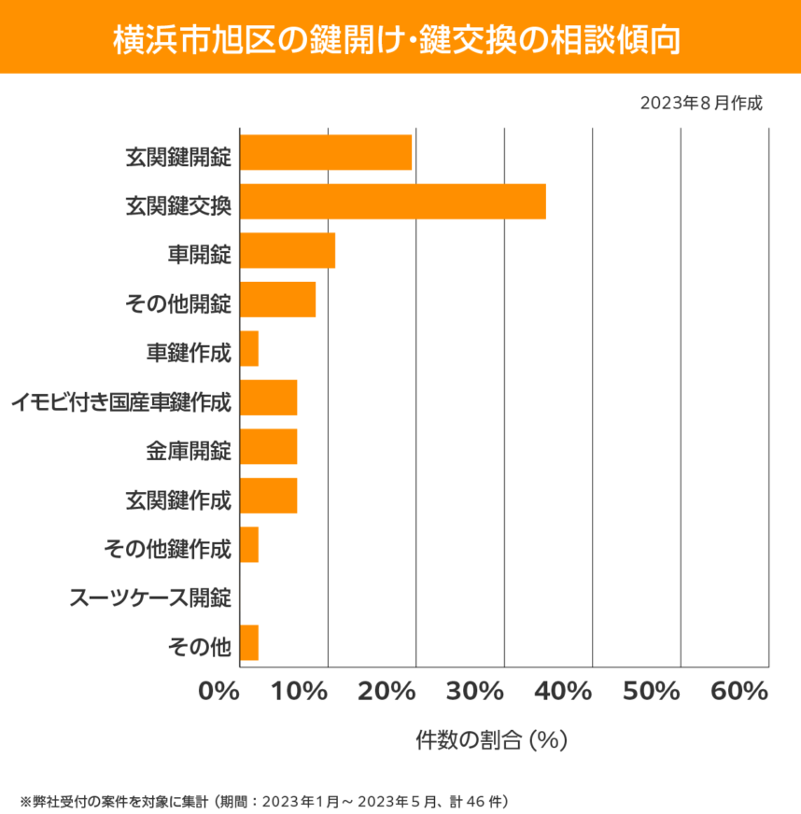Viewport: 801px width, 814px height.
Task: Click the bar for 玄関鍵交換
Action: tap(393, 202)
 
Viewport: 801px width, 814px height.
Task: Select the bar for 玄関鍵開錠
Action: tap(326, 152)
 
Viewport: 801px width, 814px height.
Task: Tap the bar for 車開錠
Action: tap(288, 250)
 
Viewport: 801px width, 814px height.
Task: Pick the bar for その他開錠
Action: tap(278, 300)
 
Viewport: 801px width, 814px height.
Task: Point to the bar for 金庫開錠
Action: tap(269, 446)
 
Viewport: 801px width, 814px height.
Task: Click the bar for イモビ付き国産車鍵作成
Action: tap(269, 398)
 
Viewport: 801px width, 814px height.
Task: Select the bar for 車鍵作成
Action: tap(249, 348)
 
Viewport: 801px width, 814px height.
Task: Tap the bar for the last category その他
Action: tap(249, 643)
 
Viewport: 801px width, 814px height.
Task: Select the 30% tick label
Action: tap(477, 692)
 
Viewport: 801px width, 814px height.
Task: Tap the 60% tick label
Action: tap(739, 692)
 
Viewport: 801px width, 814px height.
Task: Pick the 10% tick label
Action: tap(301, 692)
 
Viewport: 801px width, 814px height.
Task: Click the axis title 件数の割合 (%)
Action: tap(491, 740)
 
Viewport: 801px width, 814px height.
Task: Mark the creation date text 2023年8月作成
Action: tap(701, 103)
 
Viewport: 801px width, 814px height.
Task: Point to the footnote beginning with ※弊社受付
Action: tap(263, 800)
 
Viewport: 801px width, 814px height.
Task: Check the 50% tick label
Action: tap(652, 692)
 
